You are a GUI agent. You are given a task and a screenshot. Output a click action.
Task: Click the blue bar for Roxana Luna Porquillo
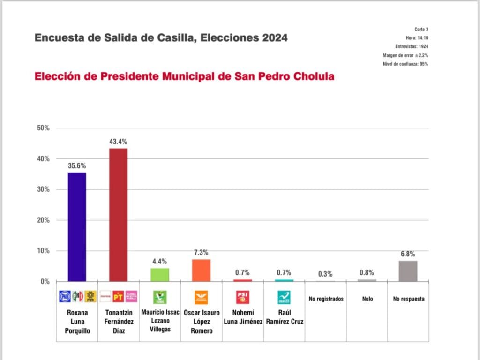pos(77,227)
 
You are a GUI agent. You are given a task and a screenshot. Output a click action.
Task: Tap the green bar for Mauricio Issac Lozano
pos(159,275)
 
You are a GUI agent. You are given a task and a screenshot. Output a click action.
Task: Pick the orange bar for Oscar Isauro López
pos(201,270)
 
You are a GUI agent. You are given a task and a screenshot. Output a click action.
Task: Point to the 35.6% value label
pos(77,166)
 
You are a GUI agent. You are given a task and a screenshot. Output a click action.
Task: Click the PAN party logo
pos(65,297)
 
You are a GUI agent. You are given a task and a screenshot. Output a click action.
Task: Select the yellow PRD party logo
pos(90,297)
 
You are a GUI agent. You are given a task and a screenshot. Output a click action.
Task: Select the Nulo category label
pos(367,299)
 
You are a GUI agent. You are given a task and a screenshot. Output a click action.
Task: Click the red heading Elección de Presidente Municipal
pos(184,77)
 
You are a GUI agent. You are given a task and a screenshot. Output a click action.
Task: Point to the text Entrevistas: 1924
pos(412,46)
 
